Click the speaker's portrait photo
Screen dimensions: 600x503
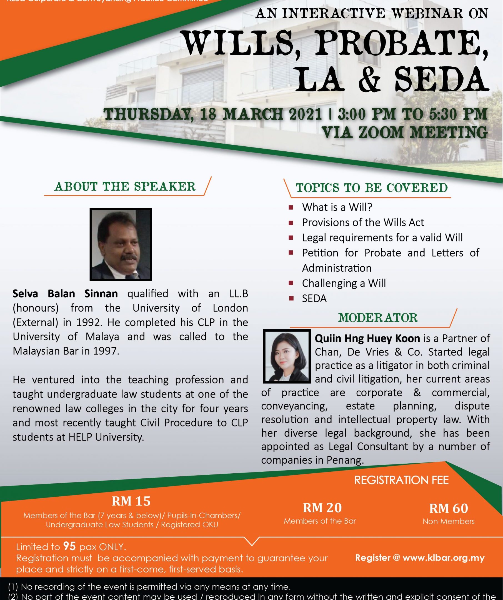click(x=121, y=244)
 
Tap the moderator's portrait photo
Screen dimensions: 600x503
click(x=286, y=356)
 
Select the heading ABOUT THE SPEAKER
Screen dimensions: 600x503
click(x=125, y=186)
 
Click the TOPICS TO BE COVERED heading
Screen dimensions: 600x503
click(x=372, y=188)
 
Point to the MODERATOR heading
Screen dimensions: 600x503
click(x=378, y=318)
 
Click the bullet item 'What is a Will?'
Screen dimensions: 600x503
click(x=337, y=207)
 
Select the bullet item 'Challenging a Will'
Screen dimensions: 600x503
click(x=344, y=283)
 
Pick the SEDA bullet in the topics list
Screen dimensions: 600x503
click(x=314, y=299)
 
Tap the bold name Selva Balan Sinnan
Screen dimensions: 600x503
click(x=65, y=293)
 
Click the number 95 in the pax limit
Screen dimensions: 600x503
click(x=69, y=547)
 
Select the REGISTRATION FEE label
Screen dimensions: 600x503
click(x=401, y=480)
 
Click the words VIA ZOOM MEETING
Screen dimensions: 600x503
click(x=404, y=132)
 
